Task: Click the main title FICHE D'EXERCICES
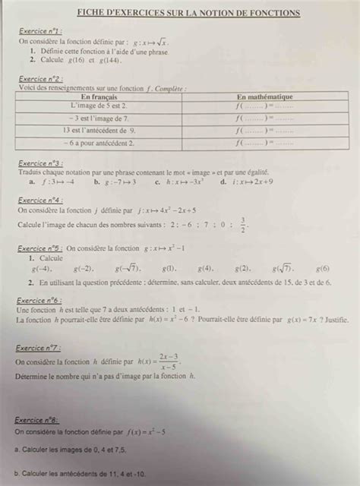(x=188, y=13)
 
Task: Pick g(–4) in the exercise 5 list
(x=42, y=269)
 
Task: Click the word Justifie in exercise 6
(x=332, y=320)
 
